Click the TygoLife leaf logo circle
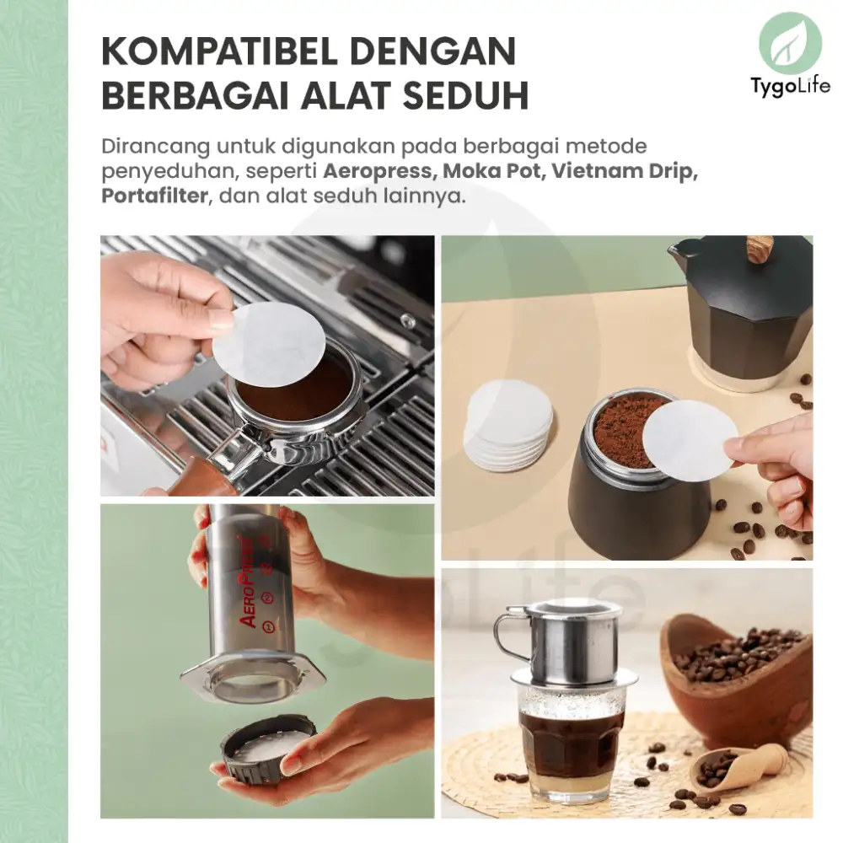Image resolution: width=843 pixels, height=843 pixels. coord(791,44)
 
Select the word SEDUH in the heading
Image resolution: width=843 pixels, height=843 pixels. coord(465,96)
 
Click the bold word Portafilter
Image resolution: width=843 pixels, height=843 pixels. coord(154,196)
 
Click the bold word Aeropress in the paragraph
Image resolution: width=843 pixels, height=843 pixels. coord(378,171)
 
